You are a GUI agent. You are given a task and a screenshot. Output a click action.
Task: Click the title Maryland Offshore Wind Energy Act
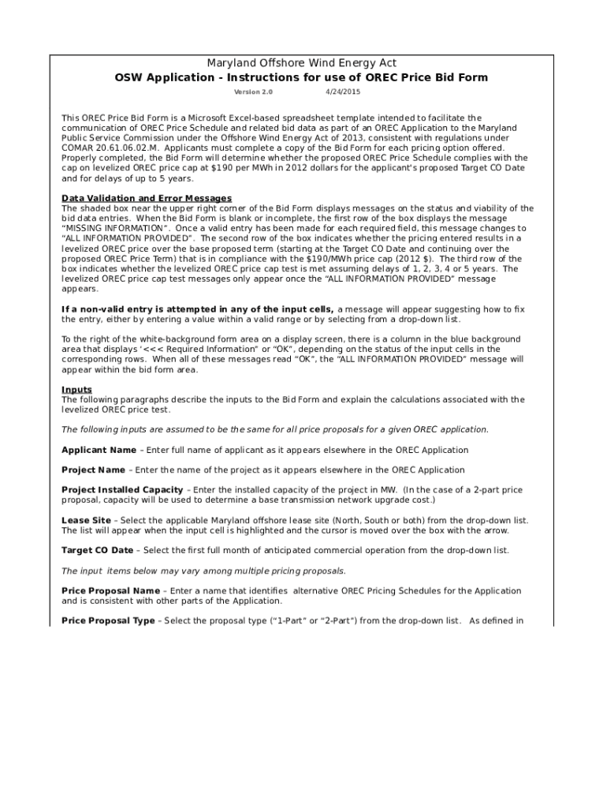coord(301,63)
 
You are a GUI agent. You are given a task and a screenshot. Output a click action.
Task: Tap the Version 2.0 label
coord(253,92)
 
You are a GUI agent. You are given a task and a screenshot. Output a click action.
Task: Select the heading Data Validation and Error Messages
coord(147,198)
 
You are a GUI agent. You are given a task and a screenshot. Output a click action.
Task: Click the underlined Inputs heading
coord(76,390)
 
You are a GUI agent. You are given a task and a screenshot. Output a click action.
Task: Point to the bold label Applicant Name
coord(99,450)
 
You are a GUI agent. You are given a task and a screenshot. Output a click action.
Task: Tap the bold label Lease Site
coord(86,521)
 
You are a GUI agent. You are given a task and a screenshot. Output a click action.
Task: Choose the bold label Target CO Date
coord(98,550)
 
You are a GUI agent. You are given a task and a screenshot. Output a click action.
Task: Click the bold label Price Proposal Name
coord(110,590)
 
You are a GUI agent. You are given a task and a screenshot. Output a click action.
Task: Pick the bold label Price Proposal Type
coord(108,621)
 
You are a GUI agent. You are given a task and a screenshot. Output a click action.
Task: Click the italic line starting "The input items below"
coord(203,570)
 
